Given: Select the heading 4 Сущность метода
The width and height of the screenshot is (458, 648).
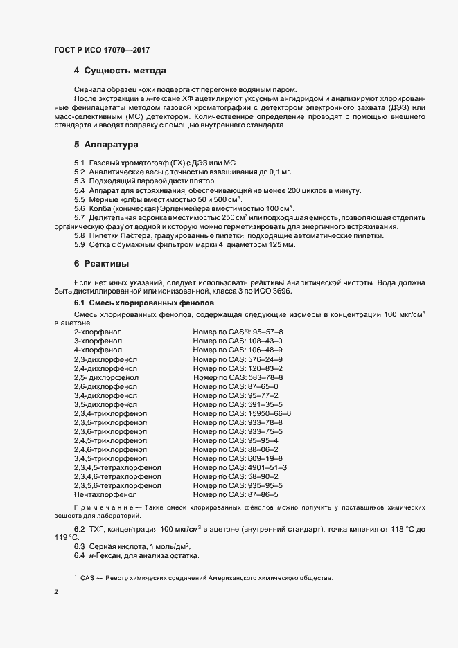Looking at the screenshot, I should coord(119,71).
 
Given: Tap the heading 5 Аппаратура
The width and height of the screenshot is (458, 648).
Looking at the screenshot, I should coord(107,145).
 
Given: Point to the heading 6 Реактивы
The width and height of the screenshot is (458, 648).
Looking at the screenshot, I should coord(103,264).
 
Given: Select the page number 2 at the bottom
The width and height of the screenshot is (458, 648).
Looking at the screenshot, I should coord(56,593).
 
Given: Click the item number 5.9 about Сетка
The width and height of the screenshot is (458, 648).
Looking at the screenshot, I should coord(80,246).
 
